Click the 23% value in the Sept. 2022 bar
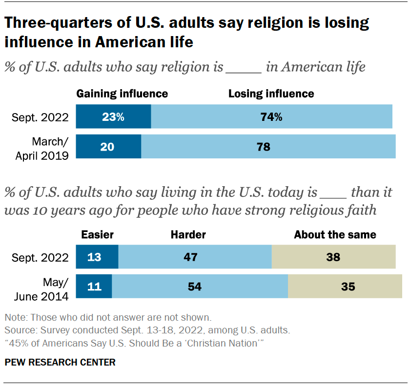tap(113, 117)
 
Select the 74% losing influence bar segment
tap(271, 117)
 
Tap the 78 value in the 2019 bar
tap(263, 146)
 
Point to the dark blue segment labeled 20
tap(108, 146)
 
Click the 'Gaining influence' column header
tap(122, 94)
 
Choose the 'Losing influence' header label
tap(271, 94)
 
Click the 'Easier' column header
tap(97, 234)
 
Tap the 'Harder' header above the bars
tap(188, 234)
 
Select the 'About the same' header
tap(335, 234)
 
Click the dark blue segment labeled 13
tap(97, 257)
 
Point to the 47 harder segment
tap(195, 257)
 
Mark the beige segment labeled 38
tap(333, 257)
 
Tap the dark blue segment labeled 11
tap(94, 286)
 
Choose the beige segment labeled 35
tap(348, 286)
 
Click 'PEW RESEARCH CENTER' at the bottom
tap(60, 362)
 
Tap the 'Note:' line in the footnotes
tap(107, 317)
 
